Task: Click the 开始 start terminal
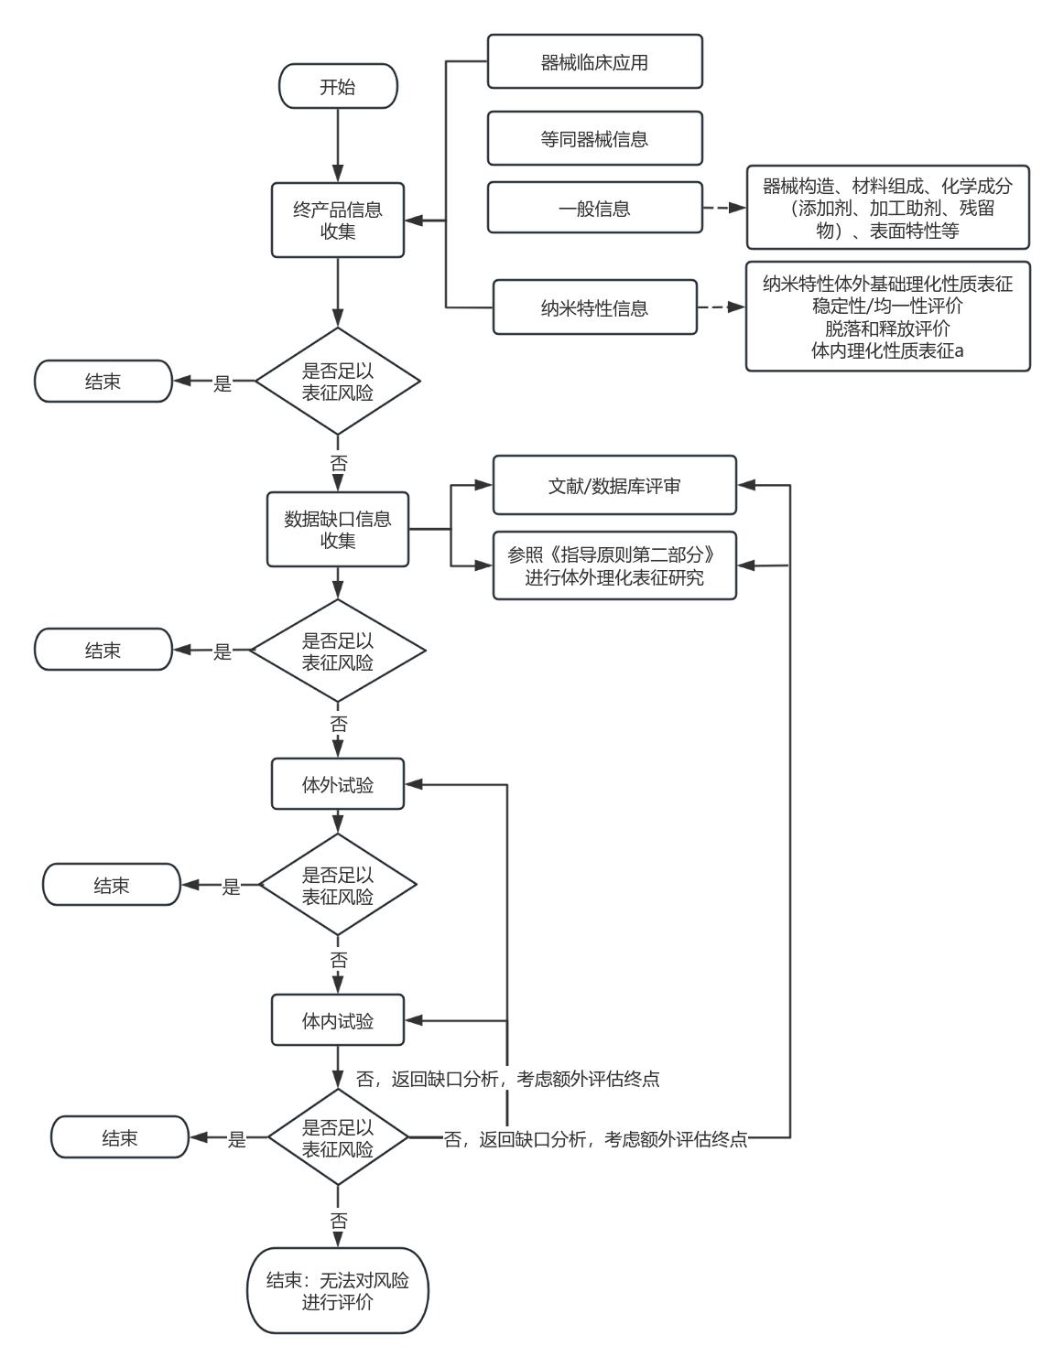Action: pyautogui.click(x=338, y=87)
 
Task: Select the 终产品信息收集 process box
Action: pyautogui.click(x=338, y=221)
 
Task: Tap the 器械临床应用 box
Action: pyautogui.click(x=594, y=62)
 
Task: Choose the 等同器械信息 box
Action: pyautogui.click(x=594, y=139)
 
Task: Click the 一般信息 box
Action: pyautogui.click(x=594, y=208)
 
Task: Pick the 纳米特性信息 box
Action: pyautogui.click(x=594, y=307)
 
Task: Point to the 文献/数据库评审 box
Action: pyautogui.click(x=613, y=486)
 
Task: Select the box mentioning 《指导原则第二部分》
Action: pyautogui.click(x=613, y=566)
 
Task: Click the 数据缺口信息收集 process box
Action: pyautogui.click(x=338, y=530)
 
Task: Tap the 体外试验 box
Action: pyautogui.click(x=338, y=784)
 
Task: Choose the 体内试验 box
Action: pyautogui.click(x=338, y=1020)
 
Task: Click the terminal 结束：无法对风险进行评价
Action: pyautogui.click(x=338, y=1290)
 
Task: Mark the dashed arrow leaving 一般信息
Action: pyautogui.click(x=723, y=208)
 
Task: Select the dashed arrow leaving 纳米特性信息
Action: pyautogui.click(x=721, y=307)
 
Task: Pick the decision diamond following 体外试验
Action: pyautogui.click(x=338, y=885)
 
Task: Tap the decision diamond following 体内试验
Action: pyautogui.click(x=338, y=1138)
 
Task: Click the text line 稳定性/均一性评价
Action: pyautogui.click(x=887, y=306)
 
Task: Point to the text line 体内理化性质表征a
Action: pyautogui.click(x=887, y=350)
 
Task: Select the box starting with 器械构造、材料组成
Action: pyautogui.click(x=887, y=208)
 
